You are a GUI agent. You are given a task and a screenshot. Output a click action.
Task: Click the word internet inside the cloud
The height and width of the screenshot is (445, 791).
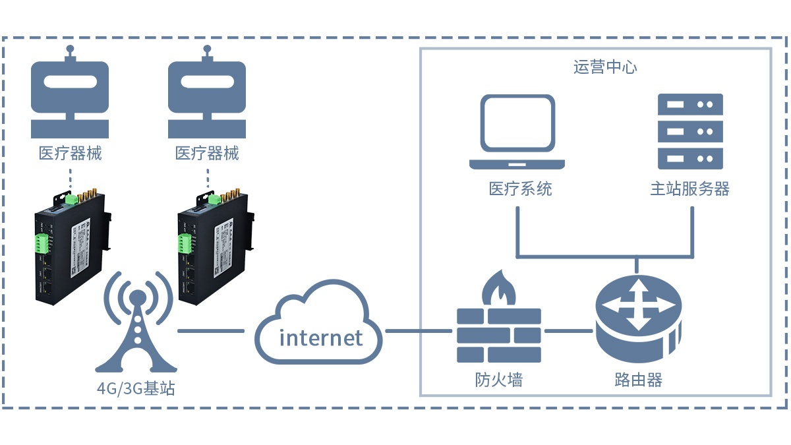[321, 338]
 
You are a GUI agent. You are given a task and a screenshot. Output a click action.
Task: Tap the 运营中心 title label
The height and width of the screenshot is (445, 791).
[605, 68]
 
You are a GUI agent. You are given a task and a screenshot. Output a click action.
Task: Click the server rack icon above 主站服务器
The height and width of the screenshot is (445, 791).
[690, 131]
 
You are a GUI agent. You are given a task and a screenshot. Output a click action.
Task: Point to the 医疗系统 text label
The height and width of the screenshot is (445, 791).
[520, 189]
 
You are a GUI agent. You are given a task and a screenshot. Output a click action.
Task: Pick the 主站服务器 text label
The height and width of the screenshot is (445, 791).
[690, 189]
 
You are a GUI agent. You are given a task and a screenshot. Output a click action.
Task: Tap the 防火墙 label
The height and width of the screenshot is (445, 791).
[499, 380]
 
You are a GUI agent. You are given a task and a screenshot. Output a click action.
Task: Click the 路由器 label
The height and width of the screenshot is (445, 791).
[637, 380]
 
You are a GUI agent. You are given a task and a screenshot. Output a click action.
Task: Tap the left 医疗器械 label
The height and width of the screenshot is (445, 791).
[71, 154]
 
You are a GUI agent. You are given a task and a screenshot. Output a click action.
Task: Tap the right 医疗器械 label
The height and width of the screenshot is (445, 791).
[207, 154]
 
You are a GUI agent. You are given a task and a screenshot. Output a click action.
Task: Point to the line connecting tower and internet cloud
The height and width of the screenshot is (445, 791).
[211, 330]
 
